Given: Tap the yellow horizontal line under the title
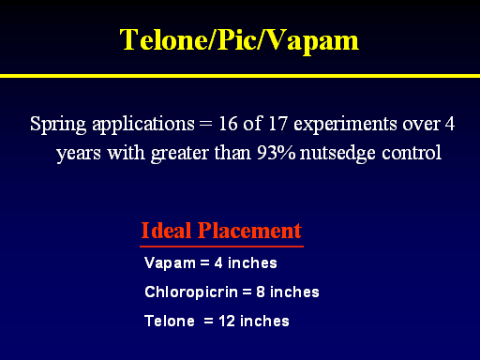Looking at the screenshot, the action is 240,76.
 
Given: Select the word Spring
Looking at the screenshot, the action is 58,125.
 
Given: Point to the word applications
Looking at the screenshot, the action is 143,125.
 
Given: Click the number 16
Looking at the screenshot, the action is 228,124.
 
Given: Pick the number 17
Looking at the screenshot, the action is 277,124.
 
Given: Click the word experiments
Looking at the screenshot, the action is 345,125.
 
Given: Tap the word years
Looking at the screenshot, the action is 79,154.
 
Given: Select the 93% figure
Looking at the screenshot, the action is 276,153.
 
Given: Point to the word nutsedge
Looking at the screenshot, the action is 337,154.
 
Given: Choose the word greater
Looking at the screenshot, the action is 180,154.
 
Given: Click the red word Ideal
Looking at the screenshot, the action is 166,231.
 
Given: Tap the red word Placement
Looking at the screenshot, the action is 249,231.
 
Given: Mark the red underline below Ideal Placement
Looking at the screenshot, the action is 221,247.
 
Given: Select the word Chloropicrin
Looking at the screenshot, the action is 191,292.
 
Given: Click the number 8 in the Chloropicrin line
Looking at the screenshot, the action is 261,292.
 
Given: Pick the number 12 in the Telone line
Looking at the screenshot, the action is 227,322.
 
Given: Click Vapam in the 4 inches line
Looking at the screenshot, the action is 170,263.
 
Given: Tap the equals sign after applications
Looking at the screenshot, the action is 205,123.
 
